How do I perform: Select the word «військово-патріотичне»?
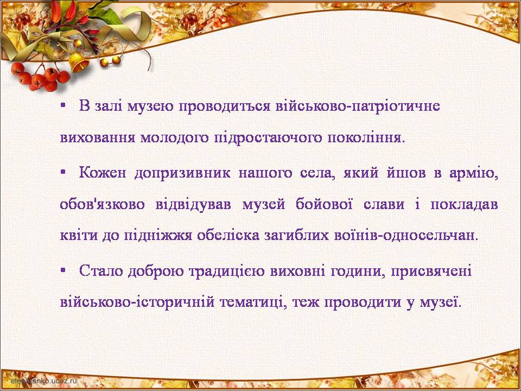click(x=358, y=106)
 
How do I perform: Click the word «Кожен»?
click(x=103, y=173)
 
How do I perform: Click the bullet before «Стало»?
click(x=63, y=271)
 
